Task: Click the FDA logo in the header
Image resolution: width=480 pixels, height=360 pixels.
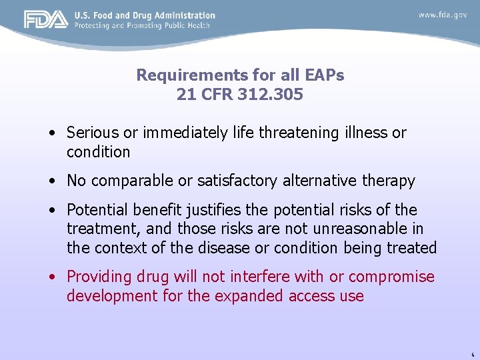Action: pos(45,19)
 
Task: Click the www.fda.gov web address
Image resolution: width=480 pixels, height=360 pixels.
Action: pos(443,15)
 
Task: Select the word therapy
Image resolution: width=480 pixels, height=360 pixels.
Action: pos(391,181)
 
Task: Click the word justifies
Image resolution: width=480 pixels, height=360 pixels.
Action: pos(210,211)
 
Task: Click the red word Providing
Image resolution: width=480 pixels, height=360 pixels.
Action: pos(97,277)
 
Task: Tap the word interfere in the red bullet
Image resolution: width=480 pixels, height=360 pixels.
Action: pos(258,277)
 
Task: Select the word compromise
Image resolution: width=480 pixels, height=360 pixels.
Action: pos(391,277)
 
